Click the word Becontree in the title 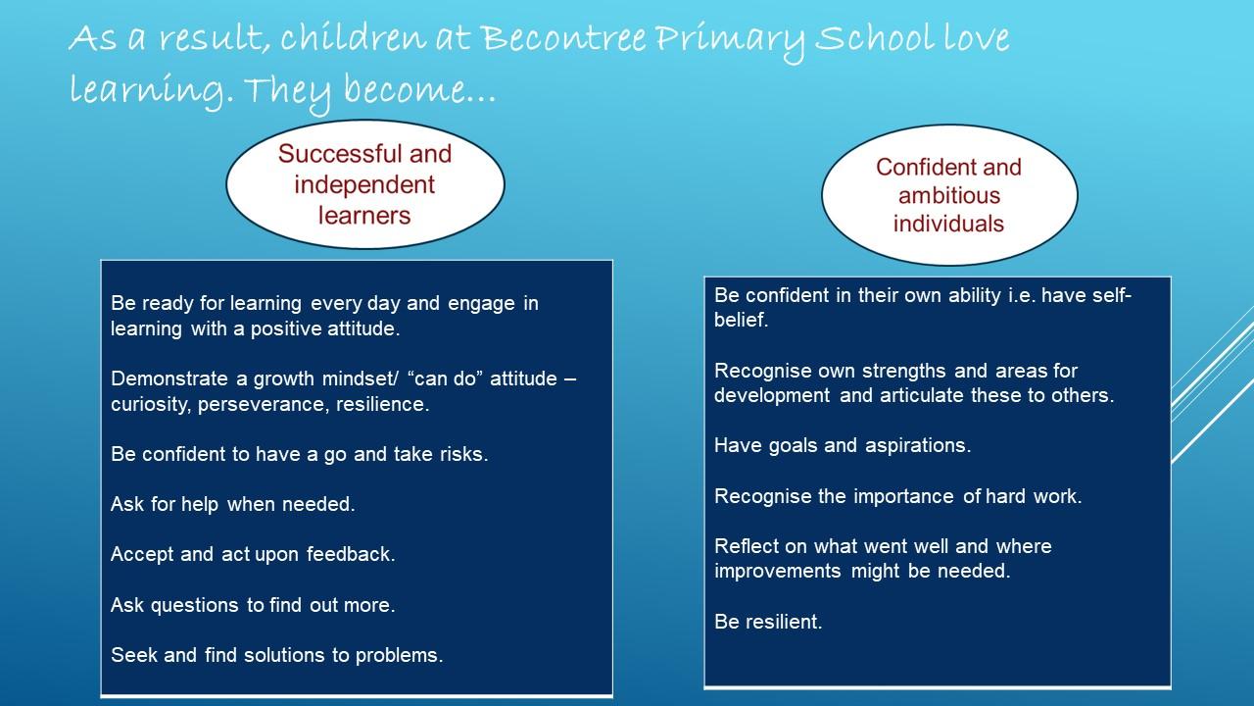click(x=563, y=38)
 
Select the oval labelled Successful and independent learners click(x=365, y=184)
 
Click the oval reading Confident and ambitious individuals click(x=949, y=195)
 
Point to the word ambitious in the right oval click(x=949, y=195)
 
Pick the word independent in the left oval click(x=364, y=185)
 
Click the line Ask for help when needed click(x=233, y=504)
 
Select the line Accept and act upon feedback click(x=253, y=554)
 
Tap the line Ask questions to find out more click(x=253, y=605)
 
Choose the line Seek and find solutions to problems click(x=277, y=655)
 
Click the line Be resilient click(x=768, y=622)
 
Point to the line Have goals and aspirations click(x=843, y=445)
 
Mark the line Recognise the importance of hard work click(x=898, y=496)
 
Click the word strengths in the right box click(x=905, y=371)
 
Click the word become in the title click(x=405, y=88)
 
